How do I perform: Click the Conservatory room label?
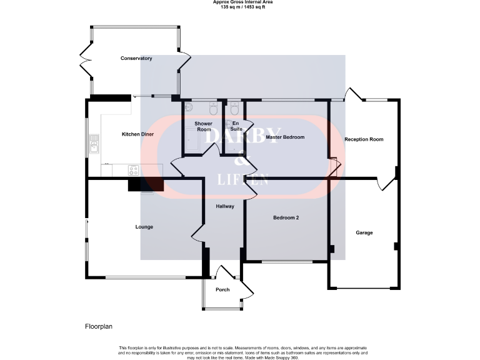(136, 58)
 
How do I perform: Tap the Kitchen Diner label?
(137, 134)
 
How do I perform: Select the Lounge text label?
(144, 227)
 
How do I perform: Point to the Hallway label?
(225, 206)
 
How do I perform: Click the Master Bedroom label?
(285, 137)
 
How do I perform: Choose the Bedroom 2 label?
(286, 217)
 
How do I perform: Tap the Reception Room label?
(364, 139)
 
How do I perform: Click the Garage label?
(364, 232)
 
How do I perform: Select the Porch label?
(222, 289)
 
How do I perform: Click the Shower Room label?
(204, 126)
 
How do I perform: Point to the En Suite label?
(237, 126)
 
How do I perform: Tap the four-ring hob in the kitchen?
(134, 169)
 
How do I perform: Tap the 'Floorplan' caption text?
(98, 326)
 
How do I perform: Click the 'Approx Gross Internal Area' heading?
(242, 2)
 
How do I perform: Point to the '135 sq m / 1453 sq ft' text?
(242, 7)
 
